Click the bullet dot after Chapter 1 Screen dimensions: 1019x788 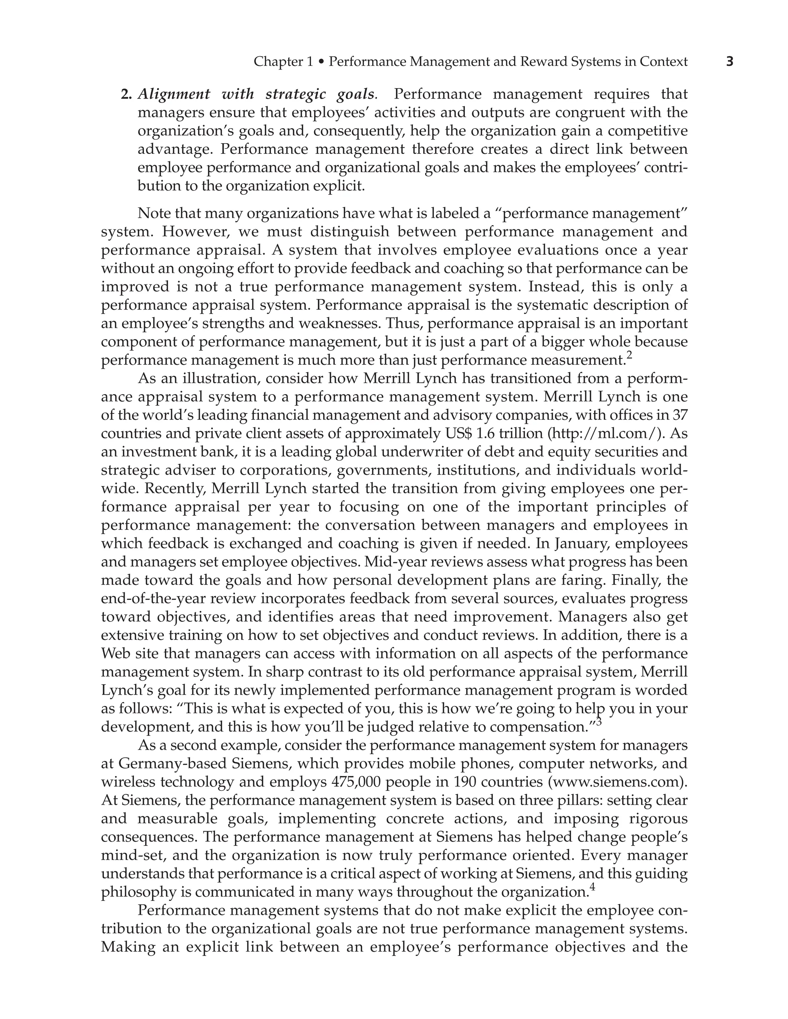[321, 62]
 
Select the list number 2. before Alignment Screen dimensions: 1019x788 [127, 95]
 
